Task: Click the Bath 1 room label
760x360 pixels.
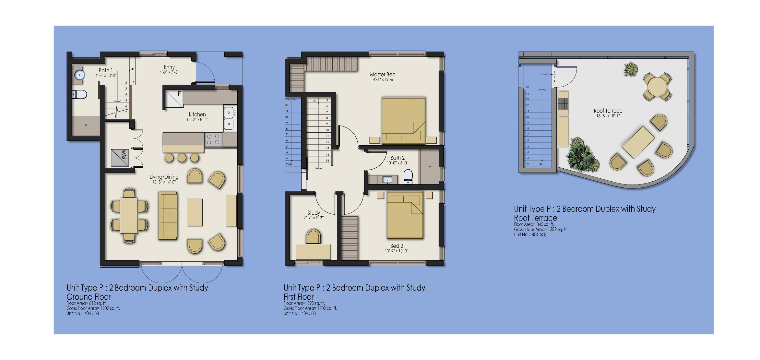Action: pyautogui.click(x=106, y=70)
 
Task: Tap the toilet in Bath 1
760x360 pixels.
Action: pyautogui.click(x=79, y=95)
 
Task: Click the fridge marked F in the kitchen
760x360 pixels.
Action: pyautogui.click(x=174, y=99)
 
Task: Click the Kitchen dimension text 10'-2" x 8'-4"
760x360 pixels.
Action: pyautogui.click(x=197, y=119)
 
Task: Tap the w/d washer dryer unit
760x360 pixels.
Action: pyautogui.click(x=120, y=158)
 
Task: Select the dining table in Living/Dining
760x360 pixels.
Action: pyautogui.click(x=129, y=215)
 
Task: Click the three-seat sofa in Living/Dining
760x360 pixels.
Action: pyautogui.click(x=168, y=216)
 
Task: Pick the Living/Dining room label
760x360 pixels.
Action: pyautogui.click(x=164, y=177)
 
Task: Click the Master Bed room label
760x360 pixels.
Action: pyautogui.click(x=383, y=74)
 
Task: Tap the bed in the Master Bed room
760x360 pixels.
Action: pyautogui.click(x=403, y=120)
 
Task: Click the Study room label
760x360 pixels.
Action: pyautogui.click(x=314, y=213)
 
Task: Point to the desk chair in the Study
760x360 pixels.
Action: pyautogui.click(x=313, y=236)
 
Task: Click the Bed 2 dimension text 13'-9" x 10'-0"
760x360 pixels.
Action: pyautogui.click(x=397, y=251)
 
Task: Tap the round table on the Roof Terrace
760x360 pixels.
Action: pyautogui.click(x=657, y=86)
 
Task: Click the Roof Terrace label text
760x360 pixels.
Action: pyautogui.click(x=608, y=111)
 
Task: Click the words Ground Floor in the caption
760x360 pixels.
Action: pyautogui.click(x=89, y=297)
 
